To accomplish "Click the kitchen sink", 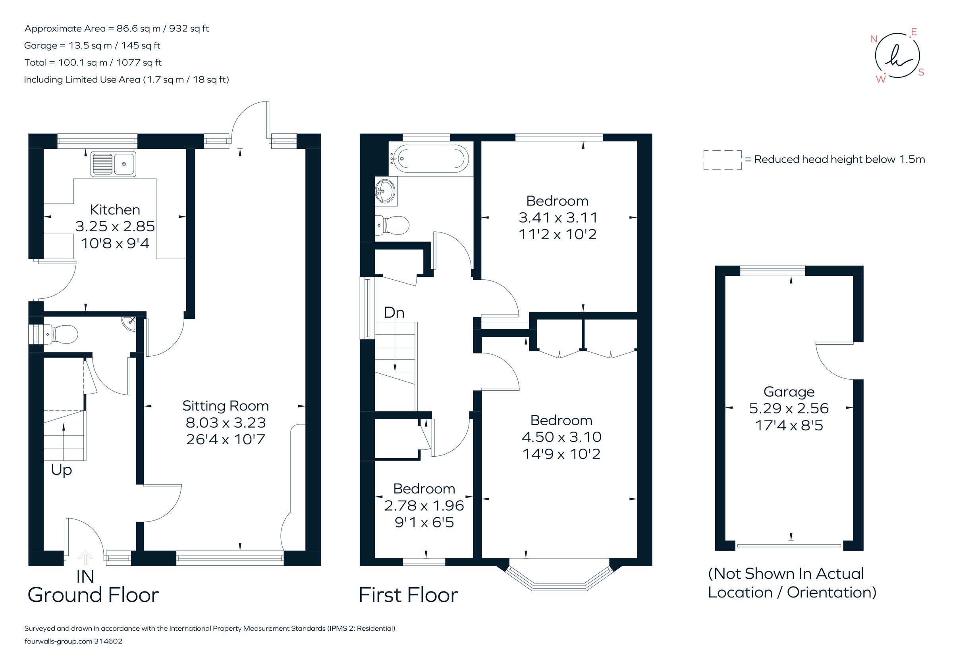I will pos(114,164).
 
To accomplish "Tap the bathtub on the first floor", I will pos(430,158).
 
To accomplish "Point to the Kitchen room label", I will pos(115,210).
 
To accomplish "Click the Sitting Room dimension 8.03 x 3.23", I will pos(226,422).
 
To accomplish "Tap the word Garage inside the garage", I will pos(789,392).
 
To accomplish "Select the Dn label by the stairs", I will pos(394,313).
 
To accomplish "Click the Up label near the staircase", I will pos(62,470).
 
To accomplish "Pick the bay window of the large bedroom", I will pos(559,580).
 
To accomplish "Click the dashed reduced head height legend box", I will pos(722,160).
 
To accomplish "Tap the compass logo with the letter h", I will pos(897,56).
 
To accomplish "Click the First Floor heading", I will pos(408,595).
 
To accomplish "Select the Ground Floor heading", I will pos(93,595).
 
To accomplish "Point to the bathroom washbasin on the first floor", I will pos(386,191).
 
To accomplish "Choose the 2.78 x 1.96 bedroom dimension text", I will pos(424,506).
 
